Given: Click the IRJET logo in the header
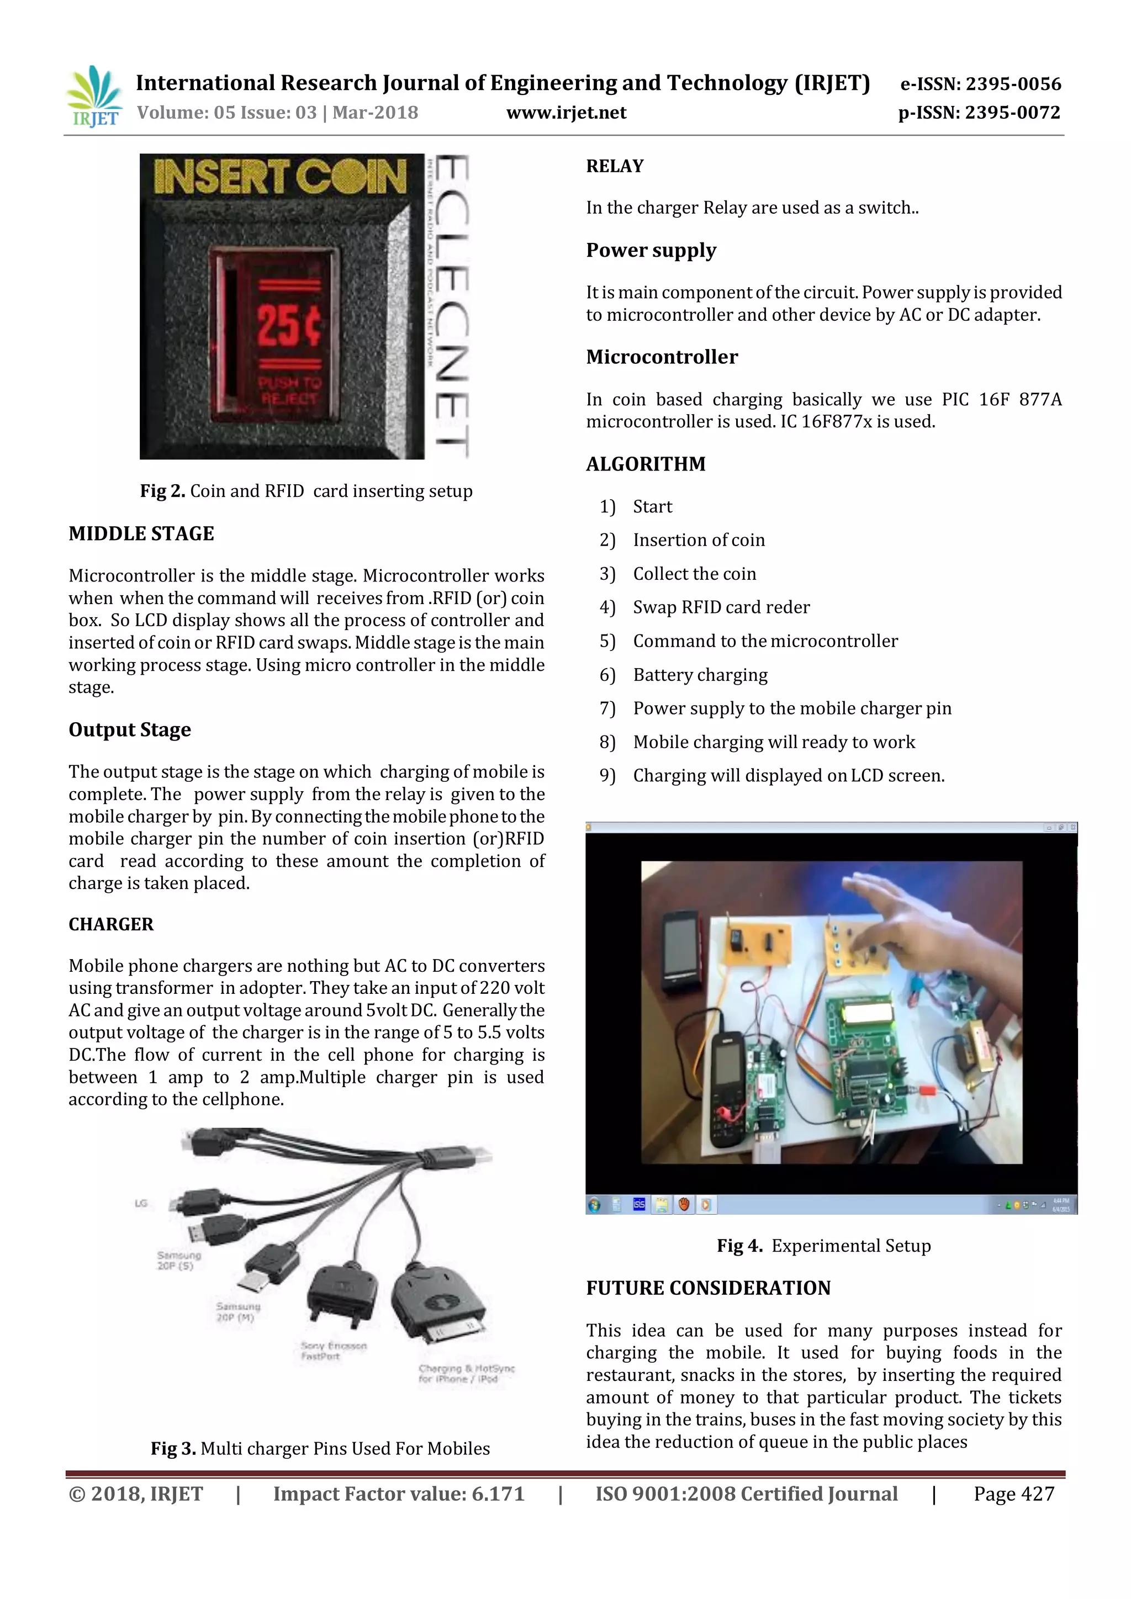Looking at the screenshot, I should pyautogui.click(x=94, y=96).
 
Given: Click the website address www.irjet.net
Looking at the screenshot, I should pyautogui.click(x=565, y=113).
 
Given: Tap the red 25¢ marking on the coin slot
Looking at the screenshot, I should pyautogui.click(x=289, y=325).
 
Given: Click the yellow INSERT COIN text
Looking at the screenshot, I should pyautogui.click(x=280, y=177).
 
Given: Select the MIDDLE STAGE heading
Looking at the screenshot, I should pyautogui.click(x=141, y=533).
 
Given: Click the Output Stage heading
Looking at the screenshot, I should pyautogui.click(x=130, y=729).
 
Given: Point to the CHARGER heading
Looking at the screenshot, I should pyautogui.click(x=111, y=924).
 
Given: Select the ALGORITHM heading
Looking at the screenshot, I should pyautogui.click(x=646, y=464).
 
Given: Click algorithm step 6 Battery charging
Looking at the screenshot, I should pyautogui.click(x=699, y=674).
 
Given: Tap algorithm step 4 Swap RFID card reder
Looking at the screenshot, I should pyautogui.click(x=721, y=607).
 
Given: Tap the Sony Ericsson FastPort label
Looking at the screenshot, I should pyautogui.click(x=333, y=1351).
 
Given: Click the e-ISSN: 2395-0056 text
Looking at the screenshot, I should pyautogui.click(x=980, y=84).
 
